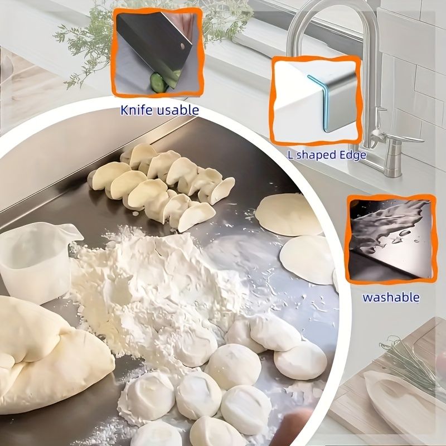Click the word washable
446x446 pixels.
390,297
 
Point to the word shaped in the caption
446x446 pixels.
316,155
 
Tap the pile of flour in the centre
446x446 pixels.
151,284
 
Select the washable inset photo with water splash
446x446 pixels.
390,237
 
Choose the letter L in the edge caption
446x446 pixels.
290,154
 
